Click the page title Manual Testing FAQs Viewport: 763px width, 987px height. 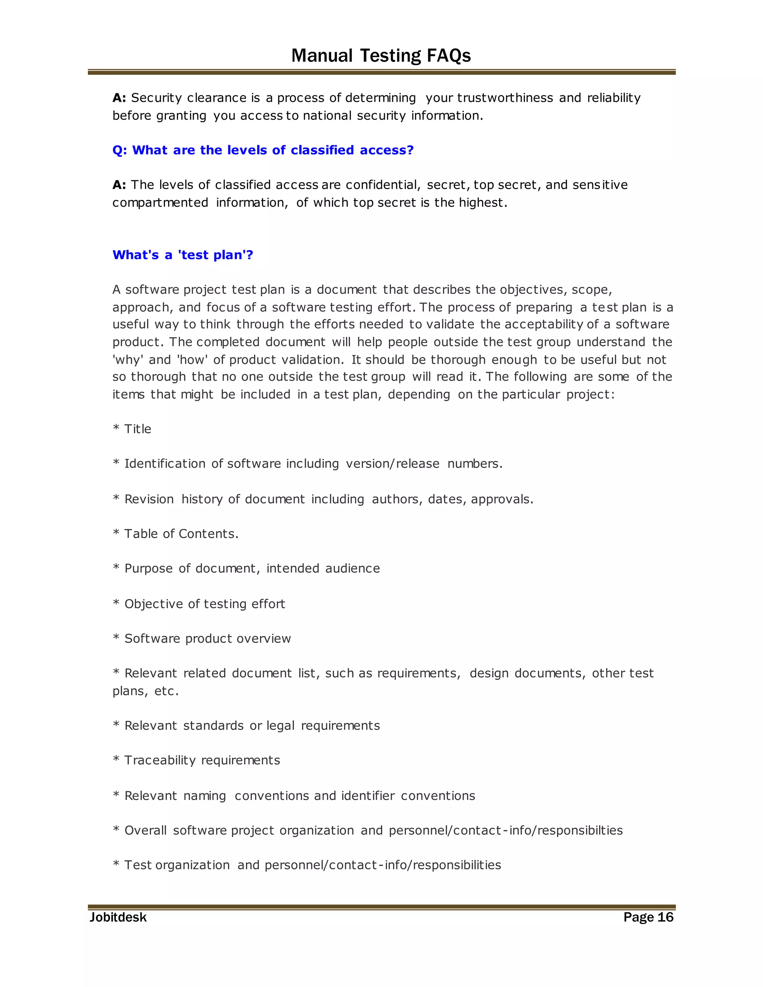pos(381,55)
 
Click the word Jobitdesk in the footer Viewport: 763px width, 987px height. pos(118,917)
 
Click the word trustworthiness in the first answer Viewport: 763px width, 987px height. pos(505,98)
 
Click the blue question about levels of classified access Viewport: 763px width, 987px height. pos(263,150)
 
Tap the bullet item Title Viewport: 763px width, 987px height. pos(137,429)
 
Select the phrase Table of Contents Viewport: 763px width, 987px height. pos(181,534)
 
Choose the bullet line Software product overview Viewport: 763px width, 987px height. pos(208,638)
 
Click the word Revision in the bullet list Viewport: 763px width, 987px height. pos(149,499)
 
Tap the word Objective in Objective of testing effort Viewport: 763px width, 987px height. pos(153,604)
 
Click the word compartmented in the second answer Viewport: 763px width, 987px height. pos(160,203)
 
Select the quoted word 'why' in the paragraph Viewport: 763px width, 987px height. pos(127,360)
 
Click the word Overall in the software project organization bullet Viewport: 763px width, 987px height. pos(146,830)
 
